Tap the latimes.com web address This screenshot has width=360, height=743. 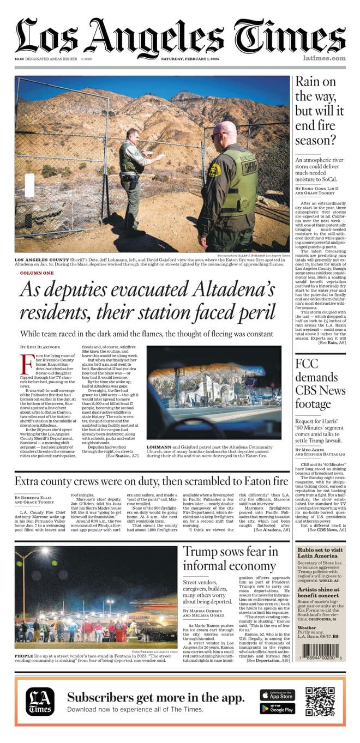(x=324, y=58)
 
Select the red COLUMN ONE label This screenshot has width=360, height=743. (x=37, y=273)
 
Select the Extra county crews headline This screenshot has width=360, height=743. (x=151, y=481)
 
